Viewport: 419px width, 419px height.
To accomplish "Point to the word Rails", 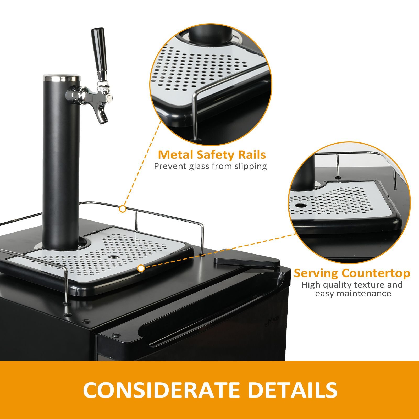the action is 251,155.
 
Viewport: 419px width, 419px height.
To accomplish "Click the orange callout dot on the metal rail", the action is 123,209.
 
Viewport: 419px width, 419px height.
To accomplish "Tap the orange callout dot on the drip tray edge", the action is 141,268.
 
